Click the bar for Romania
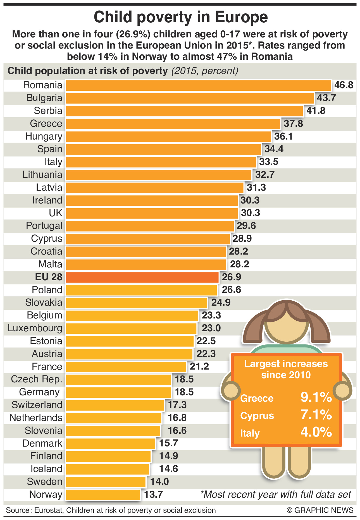pos(198,85)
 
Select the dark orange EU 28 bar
pos(142,277)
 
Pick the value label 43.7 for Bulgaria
pos(326,98)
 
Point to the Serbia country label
pos(48,111)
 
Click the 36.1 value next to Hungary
pos(283,136)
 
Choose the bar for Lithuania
pos(159,175)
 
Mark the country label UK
pos(56,213)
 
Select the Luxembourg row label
pos(35,328)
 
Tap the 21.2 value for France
pos(199,366)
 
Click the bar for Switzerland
pos(115,405)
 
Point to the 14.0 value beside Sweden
pos(159,482)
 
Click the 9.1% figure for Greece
pos(316,397)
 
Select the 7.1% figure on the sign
pos(316,415)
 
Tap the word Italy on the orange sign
pos(250,433)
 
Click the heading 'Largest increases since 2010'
pos(286,369)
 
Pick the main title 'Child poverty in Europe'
pos(180,17)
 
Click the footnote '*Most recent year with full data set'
pos(276,495)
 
